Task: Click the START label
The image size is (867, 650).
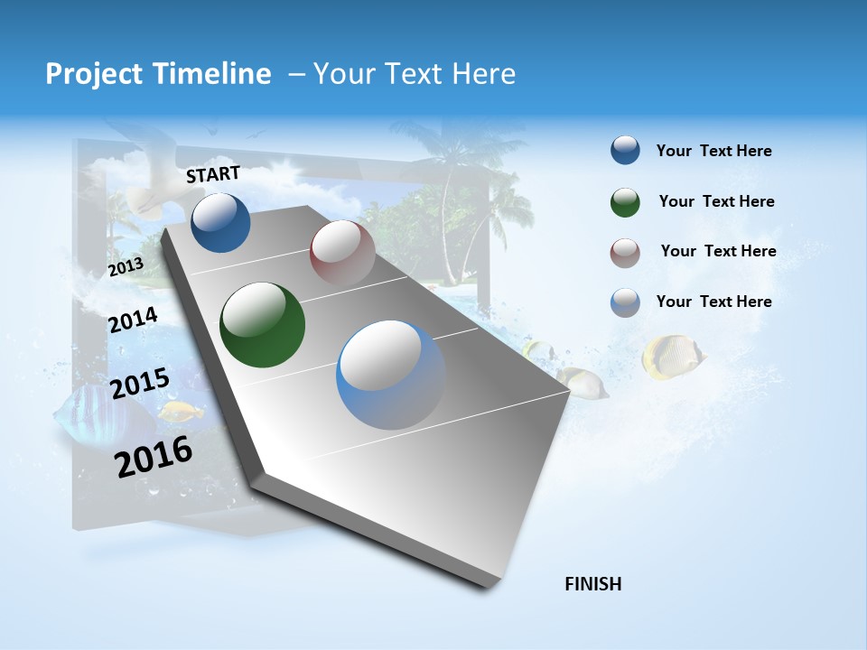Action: pyautogui.click(x=213, y=173)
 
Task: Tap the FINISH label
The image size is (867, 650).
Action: pyautogui.click(x=593, y=584)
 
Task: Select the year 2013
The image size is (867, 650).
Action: pyautogui.click(x=126, y=266)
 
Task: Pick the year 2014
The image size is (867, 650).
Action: pyautogui.click(x=133, y=320)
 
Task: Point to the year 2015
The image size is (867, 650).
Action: pyautogui.click(x=140, y=384)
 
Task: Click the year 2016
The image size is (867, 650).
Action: pyautogui.click(x=154, y=456)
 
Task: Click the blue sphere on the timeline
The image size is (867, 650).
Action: pyautogui.click(x=220, y=222)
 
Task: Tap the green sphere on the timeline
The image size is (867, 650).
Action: pyautogui.click(x=262, y=325)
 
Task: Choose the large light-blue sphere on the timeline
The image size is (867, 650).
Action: pyautogui.click(x=391, y=375)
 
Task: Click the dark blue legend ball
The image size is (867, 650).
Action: pyautogui.click(x=625, y=151)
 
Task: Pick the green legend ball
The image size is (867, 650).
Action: pyautogui.click(x=625, y=202)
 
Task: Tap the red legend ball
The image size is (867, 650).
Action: pyautogui.click(x=625, y=253)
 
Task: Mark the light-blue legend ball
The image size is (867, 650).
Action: pyautogui.click(x=625, y=302)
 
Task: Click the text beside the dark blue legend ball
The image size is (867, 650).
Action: pyautogui.click(x=713, y=151)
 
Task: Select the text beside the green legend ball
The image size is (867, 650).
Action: pyautogui.click(x=716, y=201)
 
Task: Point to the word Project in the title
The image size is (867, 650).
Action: pyautogui.click(x=92, y=74)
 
